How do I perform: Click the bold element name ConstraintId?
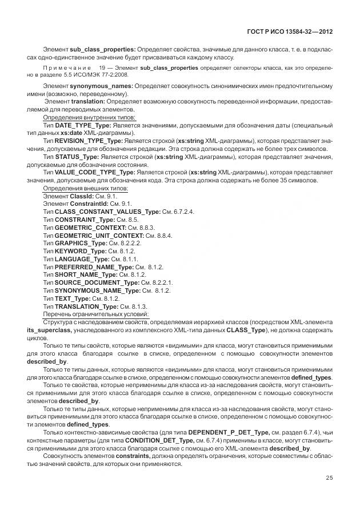(94, 204)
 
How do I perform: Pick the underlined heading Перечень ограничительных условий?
(96, 314)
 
